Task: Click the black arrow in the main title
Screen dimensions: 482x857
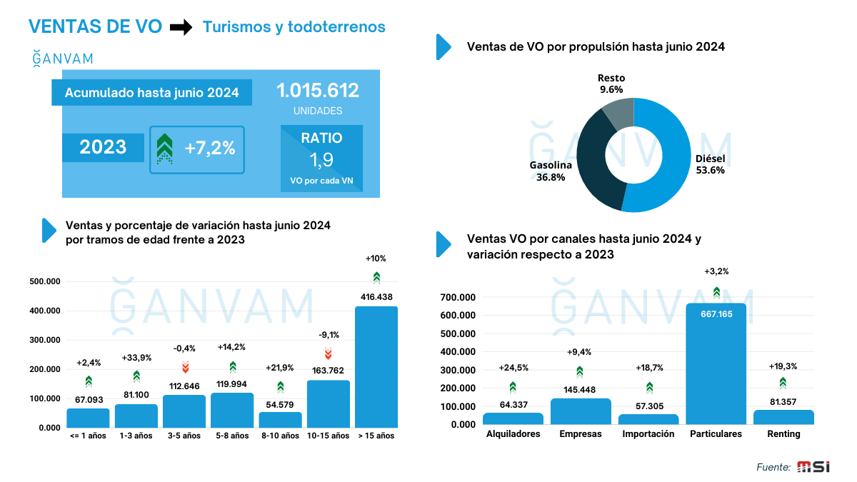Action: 181,27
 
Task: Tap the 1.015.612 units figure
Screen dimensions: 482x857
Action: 317,91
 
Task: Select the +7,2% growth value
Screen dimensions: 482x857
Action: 209,149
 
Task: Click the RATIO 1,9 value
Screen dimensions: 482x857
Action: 321,159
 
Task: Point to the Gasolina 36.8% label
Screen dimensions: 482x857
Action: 551,171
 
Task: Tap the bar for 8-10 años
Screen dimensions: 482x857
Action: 280,419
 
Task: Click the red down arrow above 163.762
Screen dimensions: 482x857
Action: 329,353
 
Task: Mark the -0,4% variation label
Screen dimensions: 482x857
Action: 185,348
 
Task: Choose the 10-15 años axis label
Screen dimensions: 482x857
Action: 328,436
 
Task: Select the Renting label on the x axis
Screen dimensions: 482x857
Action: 783,434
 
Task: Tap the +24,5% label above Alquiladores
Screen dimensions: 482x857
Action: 513,368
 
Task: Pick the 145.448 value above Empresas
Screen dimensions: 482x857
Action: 580,388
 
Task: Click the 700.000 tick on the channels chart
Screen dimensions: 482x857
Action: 458,297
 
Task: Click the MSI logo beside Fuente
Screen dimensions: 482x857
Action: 813,467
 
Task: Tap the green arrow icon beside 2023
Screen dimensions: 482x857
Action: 165,149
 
